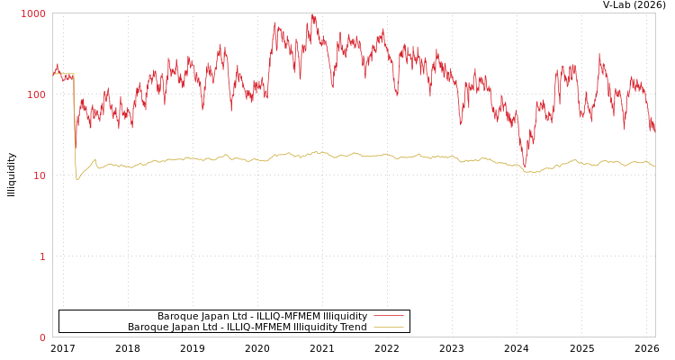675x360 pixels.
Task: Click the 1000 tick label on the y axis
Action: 33,13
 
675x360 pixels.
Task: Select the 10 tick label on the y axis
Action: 39,175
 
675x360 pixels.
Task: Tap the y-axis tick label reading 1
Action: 41,256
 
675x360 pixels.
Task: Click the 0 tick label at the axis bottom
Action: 41,337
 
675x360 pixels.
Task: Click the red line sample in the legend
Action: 388,316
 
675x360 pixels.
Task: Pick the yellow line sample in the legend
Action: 388,327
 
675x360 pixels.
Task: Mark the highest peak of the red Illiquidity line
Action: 312,15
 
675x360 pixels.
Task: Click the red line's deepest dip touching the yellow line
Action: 525,166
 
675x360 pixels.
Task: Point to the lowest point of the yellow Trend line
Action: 77,180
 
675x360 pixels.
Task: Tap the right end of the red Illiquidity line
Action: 654,131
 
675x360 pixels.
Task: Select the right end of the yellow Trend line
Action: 654,166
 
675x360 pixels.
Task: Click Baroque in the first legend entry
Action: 175,316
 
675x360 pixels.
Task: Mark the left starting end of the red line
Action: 53,72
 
